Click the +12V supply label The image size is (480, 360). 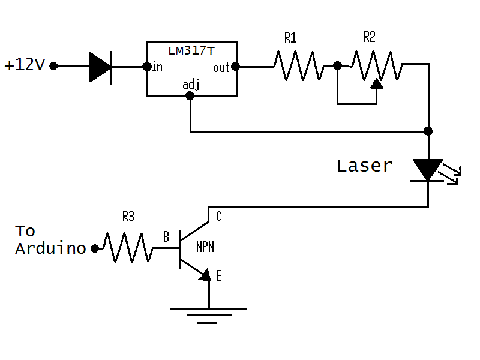[25, 65]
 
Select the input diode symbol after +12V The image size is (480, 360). [101, 66]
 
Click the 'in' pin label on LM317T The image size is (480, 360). [157, 67]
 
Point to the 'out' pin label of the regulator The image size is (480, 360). [221, 67]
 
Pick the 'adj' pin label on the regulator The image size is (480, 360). [191, 85]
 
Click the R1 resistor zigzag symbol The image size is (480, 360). [299, 65]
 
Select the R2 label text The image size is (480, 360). [370, 38]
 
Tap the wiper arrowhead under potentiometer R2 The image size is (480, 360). [377, 83]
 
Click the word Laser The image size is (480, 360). [364, 166]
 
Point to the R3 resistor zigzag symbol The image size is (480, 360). [128, 247]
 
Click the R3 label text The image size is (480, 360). [128, 217]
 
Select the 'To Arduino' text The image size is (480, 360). [50, 239]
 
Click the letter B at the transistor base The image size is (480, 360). [166, 237]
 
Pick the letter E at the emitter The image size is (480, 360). [218, 277]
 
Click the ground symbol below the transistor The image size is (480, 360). [208, 315]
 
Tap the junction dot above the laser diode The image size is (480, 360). [428, 131]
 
